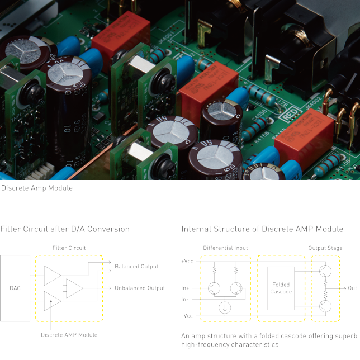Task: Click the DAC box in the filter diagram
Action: click(15, 288)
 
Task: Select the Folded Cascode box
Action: click(281, 288)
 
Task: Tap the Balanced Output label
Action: click(136, 267)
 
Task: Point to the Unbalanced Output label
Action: click(140, 288)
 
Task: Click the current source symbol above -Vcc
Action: click(225, 307)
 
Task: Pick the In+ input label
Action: click(185, 288)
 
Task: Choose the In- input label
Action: click(185, 299)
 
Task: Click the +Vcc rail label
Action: click(187, 262)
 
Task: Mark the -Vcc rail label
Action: click(187, 316)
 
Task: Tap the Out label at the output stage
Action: click(352, 288)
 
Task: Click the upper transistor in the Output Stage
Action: click(325, 271)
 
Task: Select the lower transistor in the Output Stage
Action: click(325, 306)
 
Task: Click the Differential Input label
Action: click(225, 248)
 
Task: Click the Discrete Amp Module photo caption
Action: click(37, 188)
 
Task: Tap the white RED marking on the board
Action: click(290, 114)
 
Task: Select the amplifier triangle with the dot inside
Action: click(53, 301)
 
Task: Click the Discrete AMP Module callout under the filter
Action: click(69, 335)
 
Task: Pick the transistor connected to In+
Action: click(214, 288)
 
